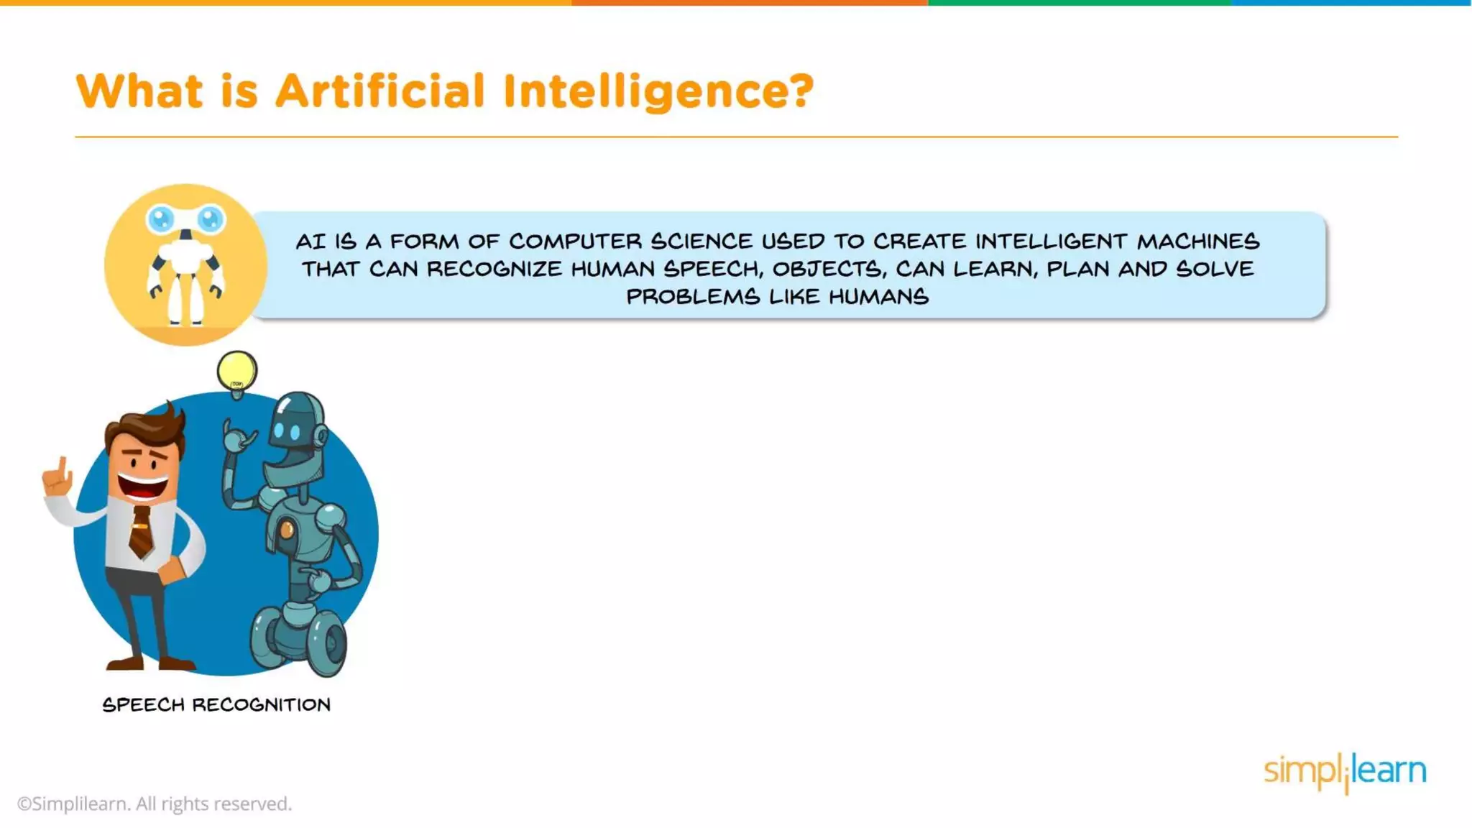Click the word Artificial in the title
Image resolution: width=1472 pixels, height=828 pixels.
pyautogui.click(x=380, y=91)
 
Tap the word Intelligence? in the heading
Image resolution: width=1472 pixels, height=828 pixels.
pyautogui.click(x=658, y=91)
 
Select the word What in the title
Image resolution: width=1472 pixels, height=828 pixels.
pyautogui.click(x=139, y=91)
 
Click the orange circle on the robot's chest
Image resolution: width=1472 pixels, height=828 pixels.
pyautogui.click(x=287, y=530)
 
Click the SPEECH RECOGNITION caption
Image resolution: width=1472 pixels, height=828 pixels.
pyautogui.click(x=216, y=704)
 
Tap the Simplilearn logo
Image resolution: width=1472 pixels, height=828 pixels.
pyautogui.click(x=1345, y=771)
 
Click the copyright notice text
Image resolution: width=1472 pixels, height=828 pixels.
pyautogui.click(x=155, y=804)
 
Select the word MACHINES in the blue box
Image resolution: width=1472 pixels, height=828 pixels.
pyautogui.click(x=1198, y=241)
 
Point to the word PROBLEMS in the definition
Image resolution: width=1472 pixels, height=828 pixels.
pyautogui.click(x=693, y=296)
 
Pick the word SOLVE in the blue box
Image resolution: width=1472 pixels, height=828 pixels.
pyautogui.click(x=1215, y=269)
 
